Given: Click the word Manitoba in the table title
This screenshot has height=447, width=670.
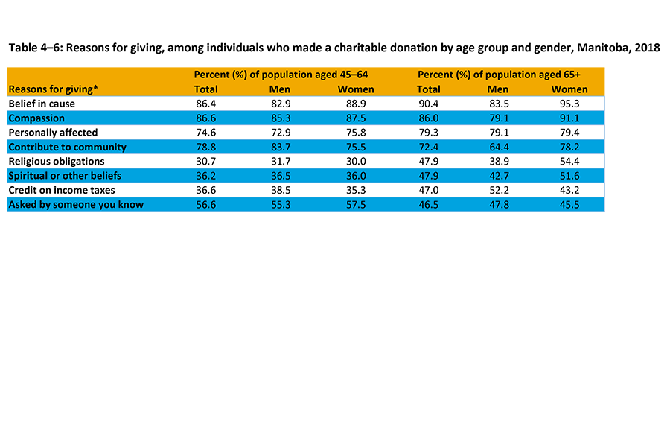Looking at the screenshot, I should (600, 48).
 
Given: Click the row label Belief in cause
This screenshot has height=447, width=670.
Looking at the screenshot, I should (42, 104).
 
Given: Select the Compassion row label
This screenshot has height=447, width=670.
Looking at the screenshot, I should (36, 118).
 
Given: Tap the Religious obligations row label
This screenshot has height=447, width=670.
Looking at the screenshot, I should (57, 161).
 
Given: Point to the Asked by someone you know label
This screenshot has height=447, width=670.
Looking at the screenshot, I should (76, 204).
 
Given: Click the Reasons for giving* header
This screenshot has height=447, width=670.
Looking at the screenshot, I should (54, 89).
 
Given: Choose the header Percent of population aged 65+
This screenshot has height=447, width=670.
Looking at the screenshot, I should (499, 74).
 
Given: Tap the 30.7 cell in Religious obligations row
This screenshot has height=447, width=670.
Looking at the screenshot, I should (205, 161).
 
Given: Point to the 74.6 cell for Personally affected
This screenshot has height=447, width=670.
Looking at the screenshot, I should (205, 133).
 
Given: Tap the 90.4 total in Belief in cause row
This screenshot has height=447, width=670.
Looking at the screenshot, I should (429, 104).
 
